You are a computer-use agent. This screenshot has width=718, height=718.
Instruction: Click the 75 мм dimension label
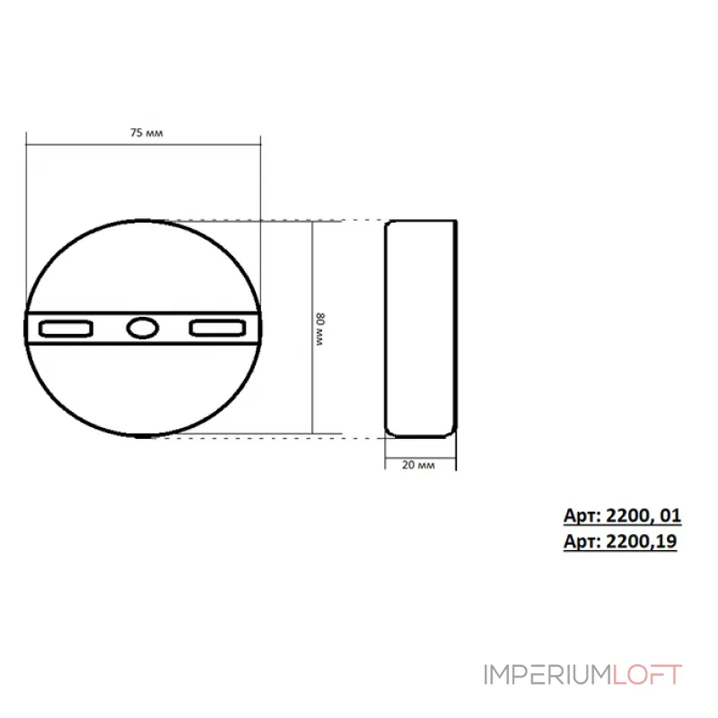coord(146,133)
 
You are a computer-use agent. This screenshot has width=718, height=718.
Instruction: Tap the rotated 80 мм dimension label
coord(320,329)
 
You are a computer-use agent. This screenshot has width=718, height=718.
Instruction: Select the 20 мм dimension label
coord(418,465)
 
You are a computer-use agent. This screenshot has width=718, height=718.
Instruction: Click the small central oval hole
coord(143,328)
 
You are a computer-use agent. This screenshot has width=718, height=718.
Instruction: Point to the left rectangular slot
coord(66,328)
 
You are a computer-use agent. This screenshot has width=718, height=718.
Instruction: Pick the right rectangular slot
coord(218,328)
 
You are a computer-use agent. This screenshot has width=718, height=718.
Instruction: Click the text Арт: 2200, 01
coord(622,515)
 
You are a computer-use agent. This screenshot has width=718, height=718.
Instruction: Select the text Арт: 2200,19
coord(620,542)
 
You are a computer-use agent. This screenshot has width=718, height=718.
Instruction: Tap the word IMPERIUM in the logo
coord(547,675)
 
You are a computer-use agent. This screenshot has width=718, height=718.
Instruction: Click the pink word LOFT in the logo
coord(647,675)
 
